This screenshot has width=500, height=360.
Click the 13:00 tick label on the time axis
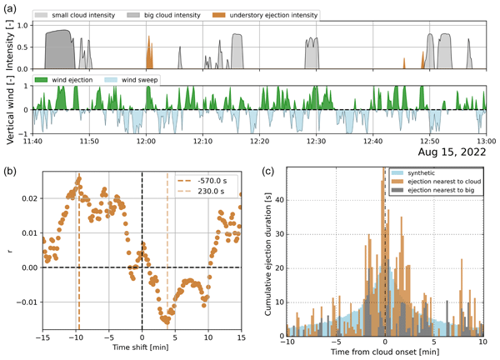[x=486, y=141]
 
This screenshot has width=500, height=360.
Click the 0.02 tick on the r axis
[x=27, y=198]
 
